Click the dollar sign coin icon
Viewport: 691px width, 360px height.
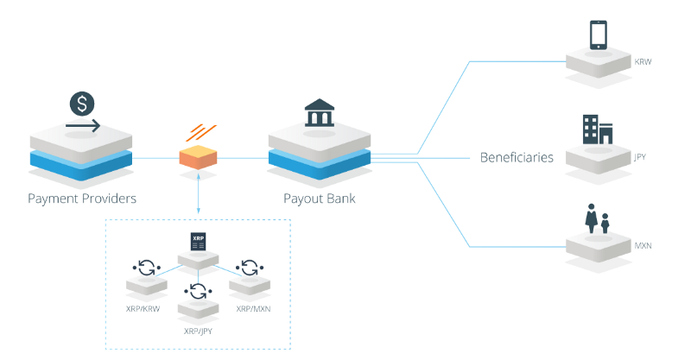(x=82, y=104)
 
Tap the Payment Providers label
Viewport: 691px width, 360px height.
(x=82, y=199)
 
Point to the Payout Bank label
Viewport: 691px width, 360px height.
(x=320, y=199)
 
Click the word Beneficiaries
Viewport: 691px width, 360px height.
(x=517, y=158)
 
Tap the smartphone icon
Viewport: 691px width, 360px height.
(x=599, y=35)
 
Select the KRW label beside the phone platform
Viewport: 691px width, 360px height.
(x=643, y=63)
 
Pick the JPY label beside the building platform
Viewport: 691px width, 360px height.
(x=640, y=158)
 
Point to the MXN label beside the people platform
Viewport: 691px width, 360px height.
(x=643, y=246)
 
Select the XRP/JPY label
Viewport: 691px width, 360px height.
(x=199, y=331)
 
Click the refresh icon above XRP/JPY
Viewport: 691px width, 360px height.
(x=199, y=291)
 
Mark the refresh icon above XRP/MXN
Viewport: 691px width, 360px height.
(x=250, y=267)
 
